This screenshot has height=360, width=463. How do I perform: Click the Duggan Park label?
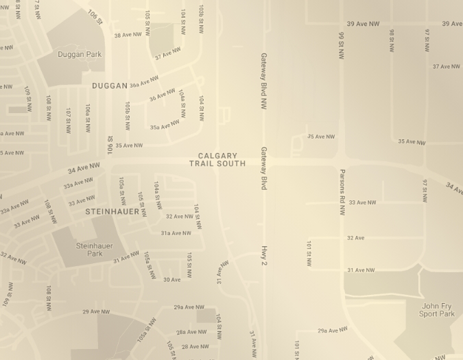(80, 54)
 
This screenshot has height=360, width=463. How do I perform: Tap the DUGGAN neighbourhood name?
(110, 86)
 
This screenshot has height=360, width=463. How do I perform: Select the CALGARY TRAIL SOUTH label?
(217, 160)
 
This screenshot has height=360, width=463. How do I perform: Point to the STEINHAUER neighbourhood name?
(112, 212)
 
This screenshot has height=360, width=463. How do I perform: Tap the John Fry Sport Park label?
(437, 310)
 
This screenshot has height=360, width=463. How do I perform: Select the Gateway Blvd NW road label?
(263, 81)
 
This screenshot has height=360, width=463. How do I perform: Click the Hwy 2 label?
(263, 255)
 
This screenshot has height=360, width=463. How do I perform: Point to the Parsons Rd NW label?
(342, 192)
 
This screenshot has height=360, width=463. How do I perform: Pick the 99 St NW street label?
(341, 45)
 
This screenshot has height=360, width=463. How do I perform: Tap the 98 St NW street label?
(392, 40)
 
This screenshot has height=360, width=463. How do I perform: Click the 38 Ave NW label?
(128, 35)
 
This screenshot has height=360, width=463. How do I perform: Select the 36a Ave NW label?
(144, 82)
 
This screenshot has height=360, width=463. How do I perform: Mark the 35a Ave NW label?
(165, 125)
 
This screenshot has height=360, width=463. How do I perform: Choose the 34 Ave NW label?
(84, 168)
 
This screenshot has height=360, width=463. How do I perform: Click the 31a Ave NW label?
(176, 233)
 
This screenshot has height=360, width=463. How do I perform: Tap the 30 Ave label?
(171, 280)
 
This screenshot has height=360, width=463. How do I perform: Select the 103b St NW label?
(201, 19)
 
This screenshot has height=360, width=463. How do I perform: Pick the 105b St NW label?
(128, 116)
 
